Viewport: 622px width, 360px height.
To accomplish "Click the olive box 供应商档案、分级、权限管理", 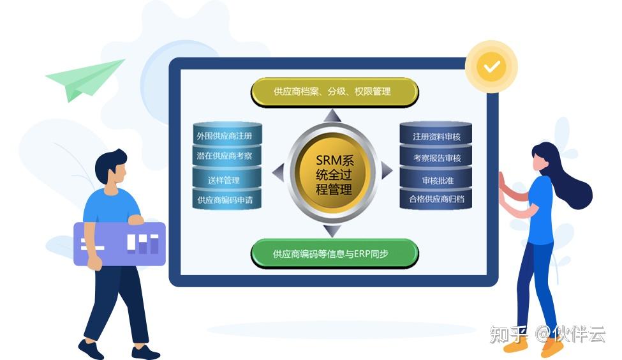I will point(334,92).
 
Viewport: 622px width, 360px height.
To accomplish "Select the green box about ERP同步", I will point(334,253).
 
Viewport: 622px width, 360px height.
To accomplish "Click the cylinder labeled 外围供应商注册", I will point(228,136).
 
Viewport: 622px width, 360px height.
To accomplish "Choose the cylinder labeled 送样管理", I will point(228,179).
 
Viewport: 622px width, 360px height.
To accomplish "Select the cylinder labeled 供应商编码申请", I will point(228,200).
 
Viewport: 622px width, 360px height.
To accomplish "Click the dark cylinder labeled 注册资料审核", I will point(436,136).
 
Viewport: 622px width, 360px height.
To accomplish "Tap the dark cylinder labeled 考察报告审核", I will point(436,158).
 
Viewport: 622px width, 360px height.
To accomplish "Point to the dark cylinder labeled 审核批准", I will point(436,179).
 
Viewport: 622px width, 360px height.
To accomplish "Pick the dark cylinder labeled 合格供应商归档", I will point(436,199).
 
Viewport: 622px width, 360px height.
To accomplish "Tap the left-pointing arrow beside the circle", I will point(278,171).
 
